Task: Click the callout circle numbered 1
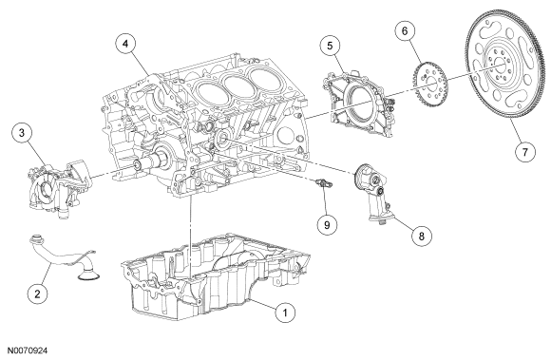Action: tap(285, 313)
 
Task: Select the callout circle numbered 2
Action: tap(37, 293)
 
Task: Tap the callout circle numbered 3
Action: tap(22, 133)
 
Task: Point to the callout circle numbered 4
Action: tap(125, 44)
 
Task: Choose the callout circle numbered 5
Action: tap(330, 46)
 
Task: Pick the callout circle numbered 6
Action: tap(405, 31)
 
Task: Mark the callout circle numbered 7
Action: tap(524, 152)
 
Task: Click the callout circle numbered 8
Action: tap(422, 236)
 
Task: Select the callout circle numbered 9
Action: tap(327, 225)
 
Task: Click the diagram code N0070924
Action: tap(28, 351)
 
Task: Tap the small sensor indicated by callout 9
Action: tap(324, 183)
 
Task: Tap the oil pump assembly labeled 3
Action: tap(58, 188)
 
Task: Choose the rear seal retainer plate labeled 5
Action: tap(357, 103)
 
